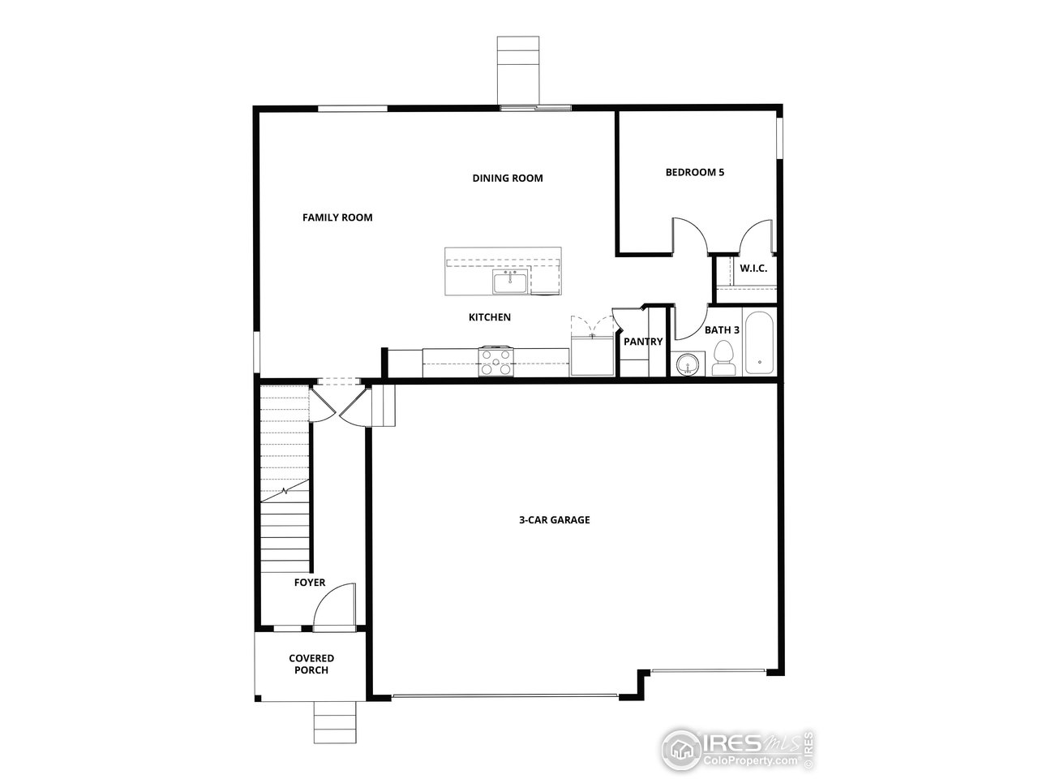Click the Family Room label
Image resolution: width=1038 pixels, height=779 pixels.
tap(337, 217)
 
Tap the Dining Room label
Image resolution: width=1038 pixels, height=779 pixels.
tap(508, 178)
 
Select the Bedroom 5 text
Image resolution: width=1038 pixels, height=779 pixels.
tap(694, 172)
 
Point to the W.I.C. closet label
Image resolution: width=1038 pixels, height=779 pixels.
tap(753, 268)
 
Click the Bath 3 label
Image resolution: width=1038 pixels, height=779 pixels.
tap(722, 330)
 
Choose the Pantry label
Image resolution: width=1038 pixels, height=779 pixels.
tap(643, 342)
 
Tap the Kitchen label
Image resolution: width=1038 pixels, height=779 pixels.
tap(490, 317)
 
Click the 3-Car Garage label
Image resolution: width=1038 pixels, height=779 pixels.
tap(554, 520)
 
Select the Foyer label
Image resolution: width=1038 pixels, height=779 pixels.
tap(310, 583)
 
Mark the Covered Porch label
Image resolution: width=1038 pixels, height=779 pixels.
tap(311, 664)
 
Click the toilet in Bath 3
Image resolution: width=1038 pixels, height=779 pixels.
tap(723, 359)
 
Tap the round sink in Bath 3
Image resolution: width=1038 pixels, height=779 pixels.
tap(688, 365)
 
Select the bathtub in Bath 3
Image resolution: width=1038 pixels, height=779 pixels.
tap(760, 343)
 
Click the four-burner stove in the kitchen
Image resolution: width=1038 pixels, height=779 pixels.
tap(495, 361)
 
